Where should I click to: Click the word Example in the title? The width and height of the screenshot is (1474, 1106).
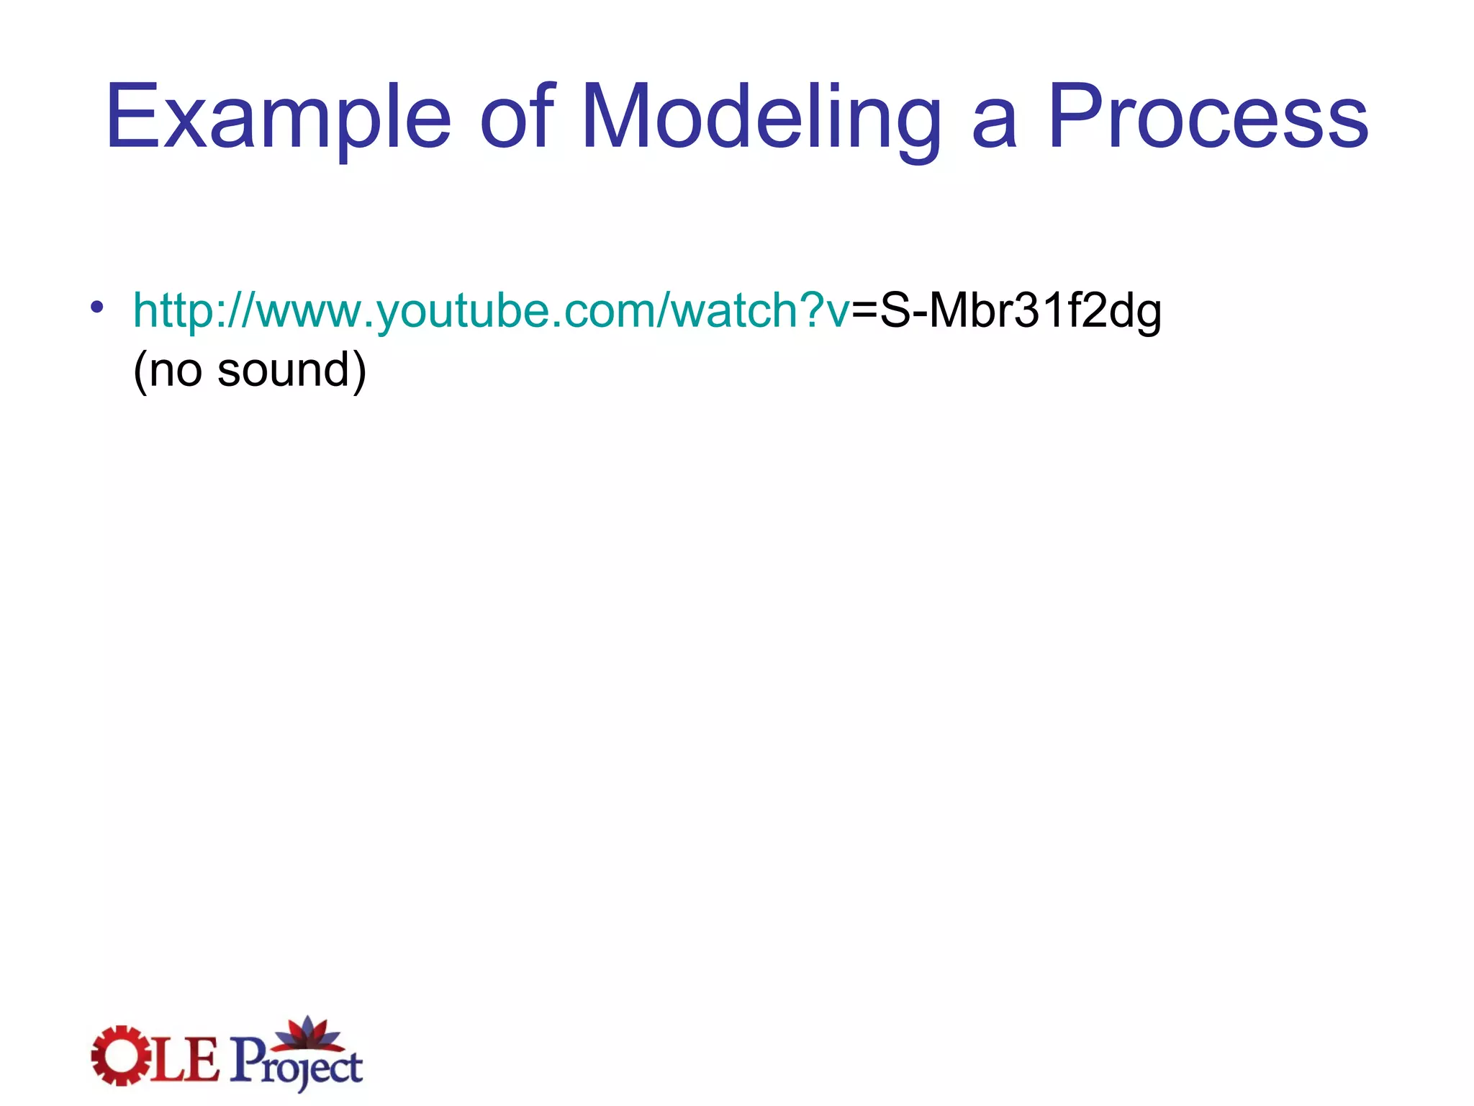tap(278, 117)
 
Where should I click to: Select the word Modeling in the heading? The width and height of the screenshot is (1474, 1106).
tap(760, 117)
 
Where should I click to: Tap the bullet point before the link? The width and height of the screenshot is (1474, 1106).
tap(97, 307)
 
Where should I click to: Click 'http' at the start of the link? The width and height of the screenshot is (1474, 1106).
tap(173, 311)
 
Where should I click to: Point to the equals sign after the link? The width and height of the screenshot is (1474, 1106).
tap(864, 311)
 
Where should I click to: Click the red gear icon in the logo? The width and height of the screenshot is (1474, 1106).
tap(117, 1055)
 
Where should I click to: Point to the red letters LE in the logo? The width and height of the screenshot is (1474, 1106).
tap(184, 1058)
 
